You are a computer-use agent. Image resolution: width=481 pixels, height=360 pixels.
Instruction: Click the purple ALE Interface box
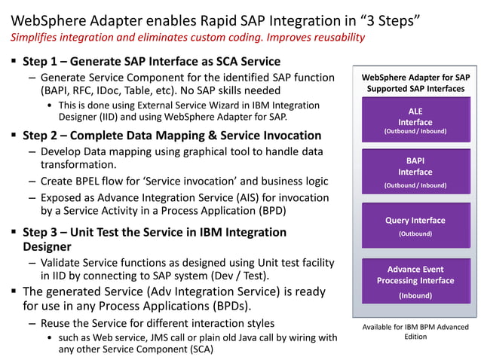pyautogui.click(x=415, y=121)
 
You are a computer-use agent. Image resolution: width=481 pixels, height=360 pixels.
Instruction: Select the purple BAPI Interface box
pyautogui.click(x=415, y=172)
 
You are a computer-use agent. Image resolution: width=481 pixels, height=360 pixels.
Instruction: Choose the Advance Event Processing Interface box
pyautogui.click(x=415, y=281)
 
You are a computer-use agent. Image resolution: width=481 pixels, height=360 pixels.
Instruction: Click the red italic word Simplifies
pyautogui.click(x=35, y=37)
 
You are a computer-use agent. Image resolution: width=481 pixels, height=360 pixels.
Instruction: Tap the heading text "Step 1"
pyautogui.click(x=44, y=61)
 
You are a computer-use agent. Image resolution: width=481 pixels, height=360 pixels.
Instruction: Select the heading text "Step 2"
pyautogui.click(x=44, y=136)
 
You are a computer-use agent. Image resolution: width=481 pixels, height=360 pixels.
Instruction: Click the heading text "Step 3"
pyautogui.click(x=44, y=232)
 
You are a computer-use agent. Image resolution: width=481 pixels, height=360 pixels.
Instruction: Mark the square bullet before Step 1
pyautogui.click(x=15, y=61)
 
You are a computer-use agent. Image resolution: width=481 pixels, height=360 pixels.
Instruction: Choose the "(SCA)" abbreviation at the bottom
pyautogui.click(x=198, y=349)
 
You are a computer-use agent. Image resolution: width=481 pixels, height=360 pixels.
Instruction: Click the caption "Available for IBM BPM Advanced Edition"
pyautogui.click(x=415, y=331)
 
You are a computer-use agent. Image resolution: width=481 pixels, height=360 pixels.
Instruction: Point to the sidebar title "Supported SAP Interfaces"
pyautogui.click(x=415, y=89)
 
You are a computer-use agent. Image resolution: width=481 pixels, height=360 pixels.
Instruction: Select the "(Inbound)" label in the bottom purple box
pyautogui.click(x=415, y=296)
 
